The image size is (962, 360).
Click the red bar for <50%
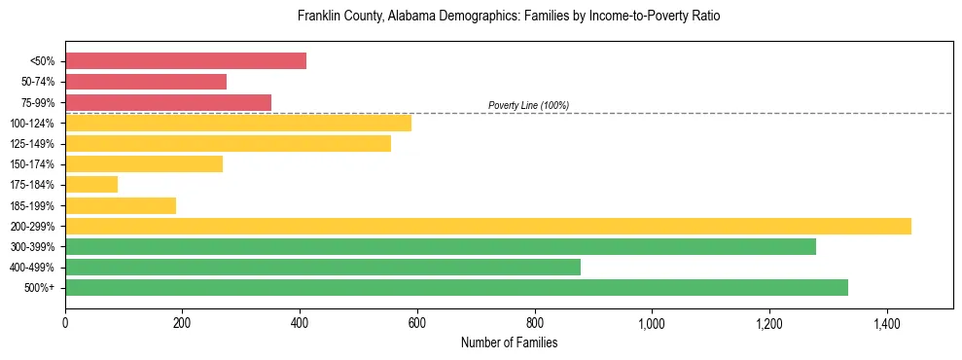(x=185, y=61)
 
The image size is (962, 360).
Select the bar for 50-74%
(x=146, y=82)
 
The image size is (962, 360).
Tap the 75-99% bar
(x=168, y=102)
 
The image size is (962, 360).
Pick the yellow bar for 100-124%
(x=238, y=123)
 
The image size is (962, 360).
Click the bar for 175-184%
(x=91, y=184)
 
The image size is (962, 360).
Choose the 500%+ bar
(x=456, y=287)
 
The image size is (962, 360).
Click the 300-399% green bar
(x=441, y=246)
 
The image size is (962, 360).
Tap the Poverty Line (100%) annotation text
(x=528, y=105)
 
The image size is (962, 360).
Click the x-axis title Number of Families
(x=509, y=342)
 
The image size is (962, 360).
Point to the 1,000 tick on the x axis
(x=652, y=323)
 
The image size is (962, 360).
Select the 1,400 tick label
(x=886, y=323)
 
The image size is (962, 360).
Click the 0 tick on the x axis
(x=65, y=323)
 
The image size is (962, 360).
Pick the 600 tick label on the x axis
(x=417, y=323)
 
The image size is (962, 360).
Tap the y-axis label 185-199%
(x=32, y=205)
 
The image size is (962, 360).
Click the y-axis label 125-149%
(x=32, y=144)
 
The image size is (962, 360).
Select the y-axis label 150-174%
(x=32, y=164)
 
